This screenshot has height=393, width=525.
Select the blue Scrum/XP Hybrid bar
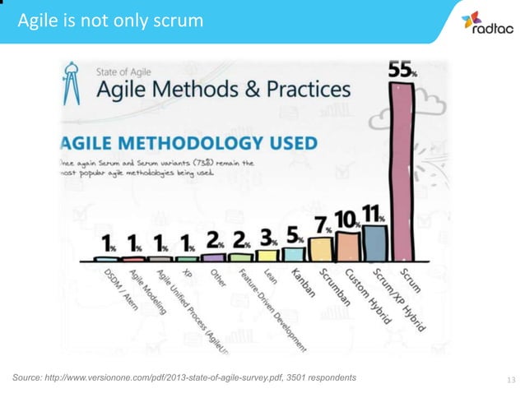[x=374, y=243]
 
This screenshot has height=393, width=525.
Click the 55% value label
[x=402, y=72]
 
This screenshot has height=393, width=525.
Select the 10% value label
[x=346, y=220]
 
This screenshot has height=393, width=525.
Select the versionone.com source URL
[x=165, y=377]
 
